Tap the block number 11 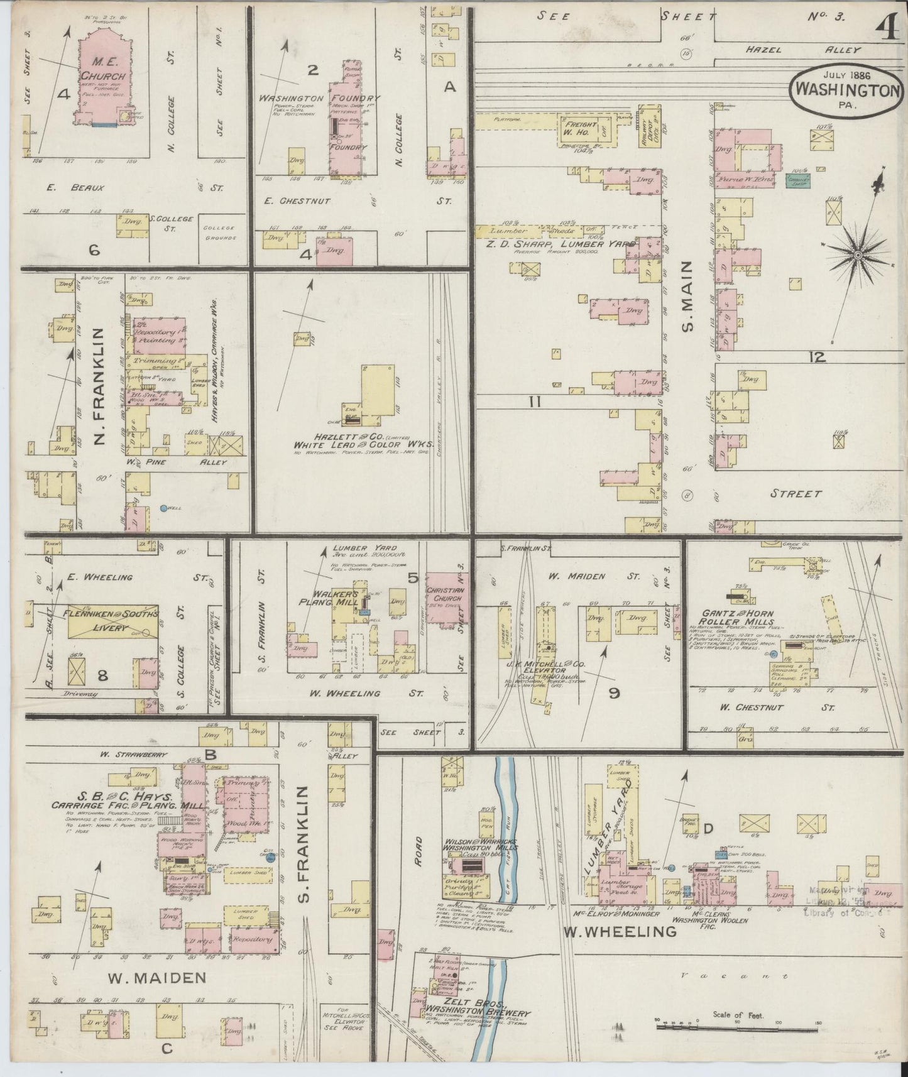pyautogui.click(x=534, y=401)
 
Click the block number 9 pyautogui.click(x=614, y=693)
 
